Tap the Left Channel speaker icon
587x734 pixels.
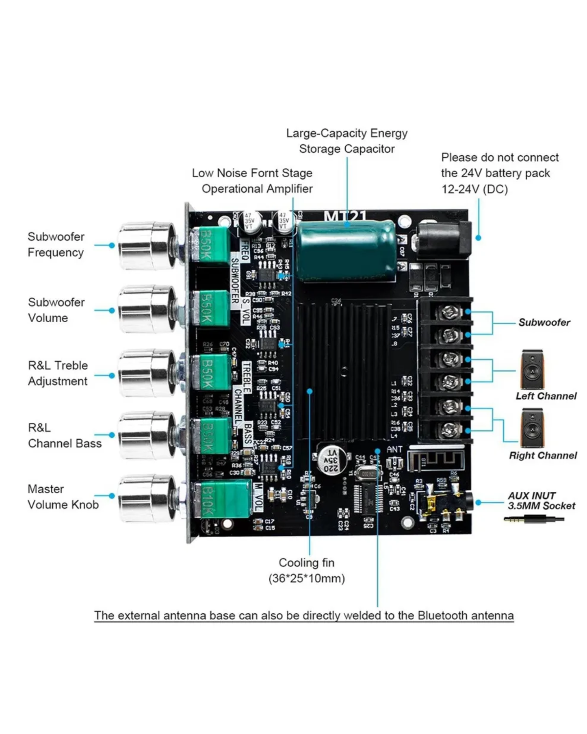click(532, 370)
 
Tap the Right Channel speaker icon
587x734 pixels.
click(532, 429)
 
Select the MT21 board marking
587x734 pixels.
click(345, 216)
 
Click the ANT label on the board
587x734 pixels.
click(394, 450)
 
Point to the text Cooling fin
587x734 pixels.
click(306, 563)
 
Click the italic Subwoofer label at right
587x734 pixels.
click(544, 323)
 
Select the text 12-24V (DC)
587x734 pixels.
click(474, 189)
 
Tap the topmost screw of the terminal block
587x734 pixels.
click(449, 312)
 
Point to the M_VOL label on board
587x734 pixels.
click(258, 497)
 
